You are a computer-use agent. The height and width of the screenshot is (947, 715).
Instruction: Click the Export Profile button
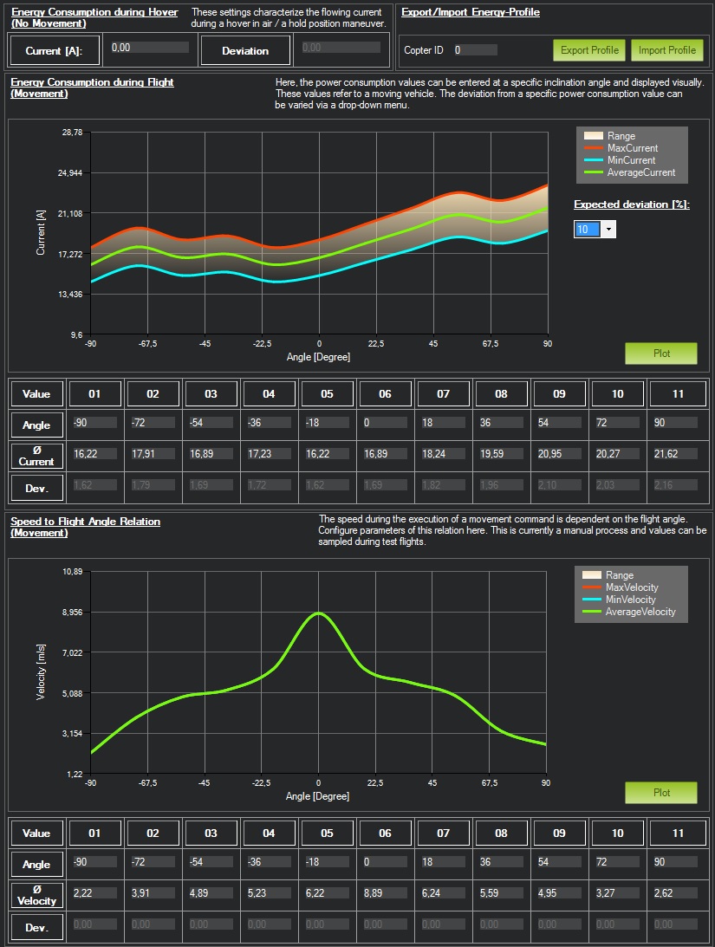pos(589,50)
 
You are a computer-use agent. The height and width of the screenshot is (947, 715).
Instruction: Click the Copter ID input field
pos(475,50)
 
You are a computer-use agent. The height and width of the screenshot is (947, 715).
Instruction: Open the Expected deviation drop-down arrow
pos(608,230)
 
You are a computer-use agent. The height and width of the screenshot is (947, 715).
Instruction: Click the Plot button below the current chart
pos(661,354)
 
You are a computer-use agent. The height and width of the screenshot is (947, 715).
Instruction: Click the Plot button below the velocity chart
pos(661,793)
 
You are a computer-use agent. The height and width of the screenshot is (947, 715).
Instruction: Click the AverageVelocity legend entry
pos(640,612)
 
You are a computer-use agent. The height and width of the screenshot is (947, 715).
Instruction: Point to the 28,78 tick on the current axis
pos(71,133)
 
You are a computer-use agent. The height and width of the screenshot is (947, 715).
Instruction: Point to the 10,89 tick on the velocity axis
pos(71,572)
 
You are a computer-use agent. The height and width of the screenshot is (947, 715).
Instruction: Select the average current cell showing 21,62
pos(673,453)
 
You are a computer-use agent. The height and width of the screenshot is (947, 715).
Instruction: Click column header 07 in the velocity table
pos(443,833)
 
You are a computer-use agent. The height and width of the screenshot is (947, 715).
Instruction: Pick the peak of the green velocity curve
pos(319,613)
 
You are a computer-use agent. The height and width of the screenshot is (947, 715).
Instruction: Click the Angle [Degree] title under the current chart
pos(318,356)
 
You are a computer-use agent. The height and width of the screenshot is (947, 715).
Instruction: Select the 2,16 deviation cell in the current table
pos(673,485)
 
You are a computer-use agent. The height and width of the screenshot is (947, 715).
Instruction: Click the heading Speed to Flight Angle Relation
pos(85,522)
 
